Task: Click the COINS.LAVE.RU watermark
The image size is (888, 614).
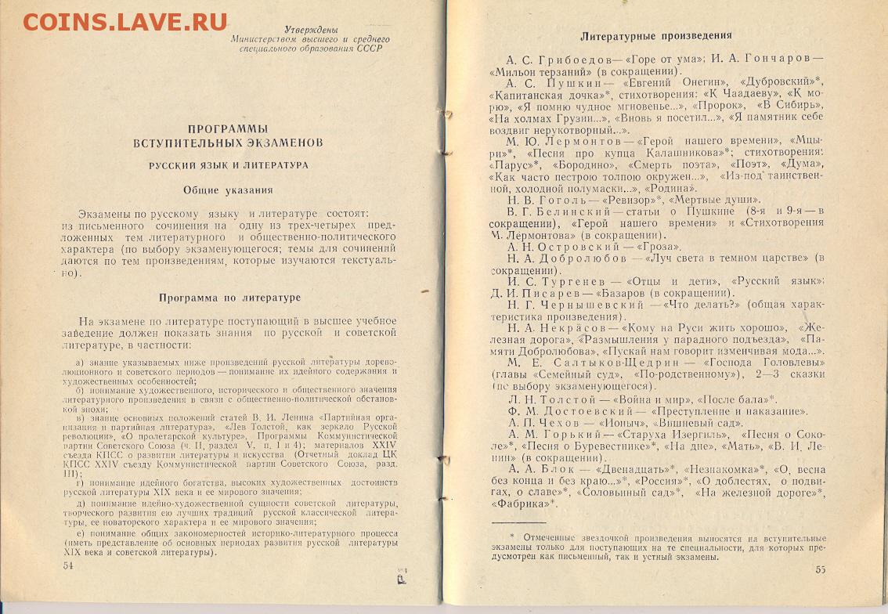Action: pos(125,21)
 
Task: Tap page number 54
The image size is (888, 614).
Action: pos(67,565)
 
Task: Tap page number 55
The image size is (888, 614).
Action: pos(821,569)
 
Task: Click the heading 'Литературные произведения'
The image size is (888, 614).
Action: pos(656,35)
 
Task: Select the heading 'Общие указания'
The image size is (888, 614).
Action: pos(228,190)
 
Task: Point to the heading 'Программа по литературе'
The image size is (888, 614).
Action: pos(229,298)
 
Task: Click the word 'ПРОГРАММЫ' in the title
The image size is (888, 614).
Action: pos(228,128)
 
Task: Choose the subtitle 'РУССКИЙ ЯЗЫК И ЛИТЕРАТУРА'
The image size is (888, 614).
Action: pos(229,165)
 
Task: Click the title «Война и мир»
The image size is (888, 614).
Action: pos(655,399)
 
